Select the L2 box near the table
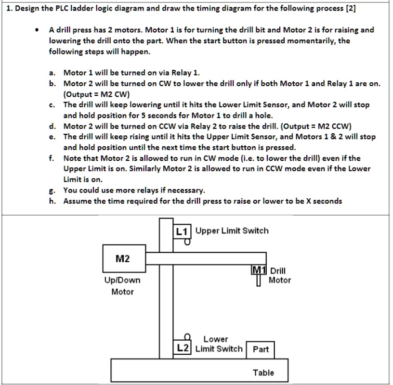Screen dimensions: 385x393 (183, 348)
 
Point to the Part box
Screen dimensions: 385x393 (260, 349)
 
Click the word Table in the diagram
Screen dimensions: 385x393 (263, 372)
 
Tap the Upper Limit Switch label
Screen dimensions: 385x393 (232, 231)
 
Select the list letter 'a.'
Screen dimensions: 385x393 (52, 73)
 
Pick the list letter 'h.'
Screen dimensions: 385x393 (52, 201)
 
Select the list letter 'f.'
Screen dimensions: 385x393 (52, 158)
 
